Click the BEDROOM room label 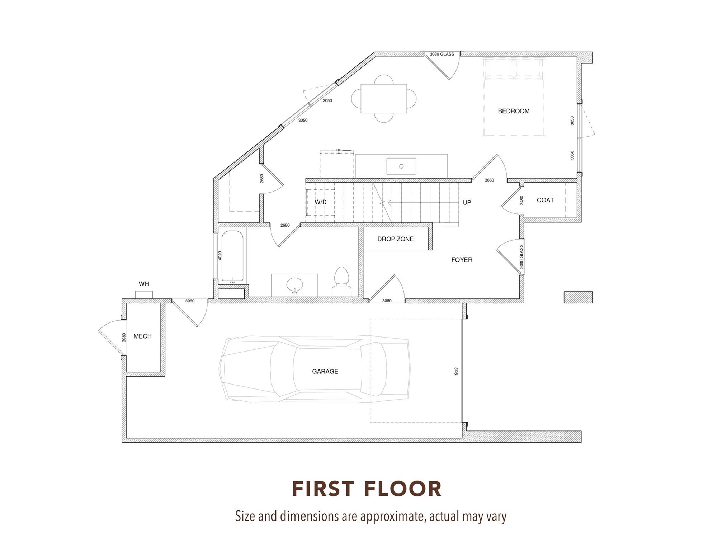pyautogui.click(x=514, y=111)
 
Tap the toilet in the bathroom pyautogui.click(x=341, y=282)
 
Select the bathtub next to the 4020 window pyautogui.click(x=232, y=256)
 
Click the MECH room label pyautogui.click(x=142, y=336)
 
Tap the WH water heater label pyautogui.click(x=144, y=284)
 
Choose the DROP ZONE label pyautogui.click(x=395, y=239)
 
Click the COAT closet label pyautogui.click(x=545, y=200)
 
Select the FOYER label pyautogui.click(x=462, y=260)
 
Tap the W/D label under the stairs pyautogui.click(x=321, y=202)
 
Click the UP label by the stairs pyautogui.click(x=467, y=202)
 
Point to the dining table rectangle pyautogui.click(x=384, y=99)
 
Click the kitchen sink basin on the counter pyautogui.click(x=401, y=166)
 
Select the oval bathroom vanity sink pyautogui.click(x=294, y=285)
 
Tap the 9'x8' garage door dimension pyautogui.click(x=456, y=371)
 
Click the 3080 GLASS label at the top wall pyautogui.click(x=442, y=54)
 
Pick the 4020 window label pyautogui.click(x=220, y=255)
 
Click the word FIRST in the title pyautogui.click(x=324, y=489)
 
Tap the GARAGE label pyautogui.click(x=325, y=372)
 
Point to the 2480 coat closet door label pyautogui.click(x=521, y=200)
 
